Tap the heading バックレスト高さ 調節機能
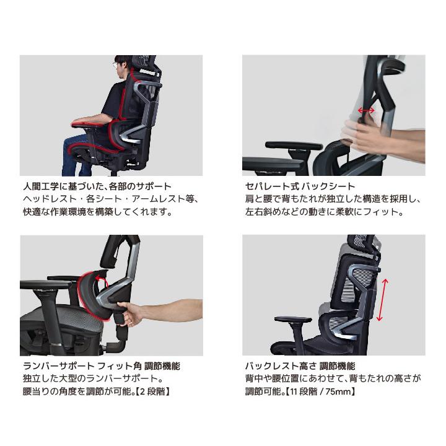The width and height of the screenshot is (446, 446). (x=300, y=366)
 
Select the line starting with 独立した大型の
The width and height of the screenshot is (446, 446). (x=92, y=378)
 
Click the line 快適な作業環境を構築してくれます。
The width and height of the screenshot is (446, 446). (x=97, y=211)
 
